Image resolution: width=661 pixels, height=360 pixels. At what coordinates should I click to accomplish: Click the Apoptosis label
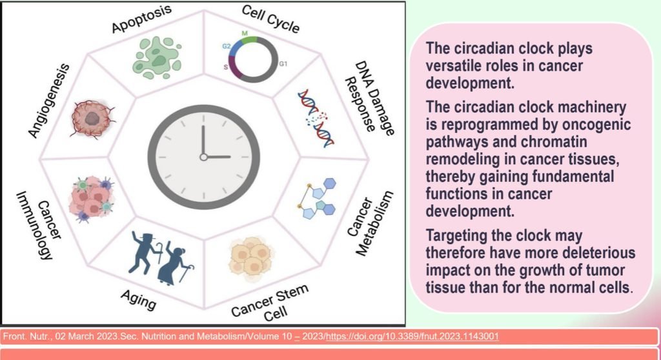click(x=141, y=19)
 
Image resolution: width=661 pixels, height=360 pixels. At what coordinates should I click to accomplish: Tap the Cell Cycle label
click(x=270, y=19)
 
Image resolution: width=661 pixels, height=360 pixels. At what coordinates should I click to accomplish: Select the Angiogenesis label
click(x=48, y=101)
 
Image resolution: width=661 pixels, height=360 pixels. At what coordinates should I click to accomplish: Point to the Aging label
click(x=138, y=299)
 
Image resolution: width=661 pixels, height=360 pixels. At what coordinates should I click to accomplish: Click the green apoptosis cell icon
click(x=157, y=58)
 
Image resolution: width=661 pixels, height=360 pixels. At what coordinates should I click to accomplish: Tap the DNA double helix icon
click(x=316, y=118)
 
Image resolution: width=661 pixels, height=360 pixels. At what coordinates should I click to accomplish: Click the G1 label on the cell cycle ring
click(x=283, y=64)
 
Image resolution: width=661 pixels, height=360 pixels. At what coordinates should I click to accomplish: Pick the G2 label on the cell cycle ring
click(x=227, y=46)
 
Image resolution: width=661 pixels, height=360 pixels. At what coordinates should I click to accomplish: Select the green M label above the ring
click(x=245, y=34)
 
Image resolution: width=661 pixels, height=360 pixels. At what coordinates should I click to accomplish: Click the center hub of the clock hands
click(x=203, y=157)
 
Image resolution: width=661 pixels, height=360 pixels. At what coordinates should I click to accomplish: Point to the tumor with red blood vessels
click(x=92, y=119)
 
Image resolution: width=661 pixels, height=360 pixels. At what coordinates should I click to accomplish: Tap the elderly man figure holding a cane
click(x=145, y=252)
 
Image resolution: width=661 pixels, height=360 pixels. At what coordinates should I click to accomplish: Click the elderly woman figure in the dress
click(x=176, y=262)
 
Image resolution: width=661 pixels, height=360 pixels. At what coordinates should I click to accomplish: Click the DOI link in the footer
click(x=412, y=336)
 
